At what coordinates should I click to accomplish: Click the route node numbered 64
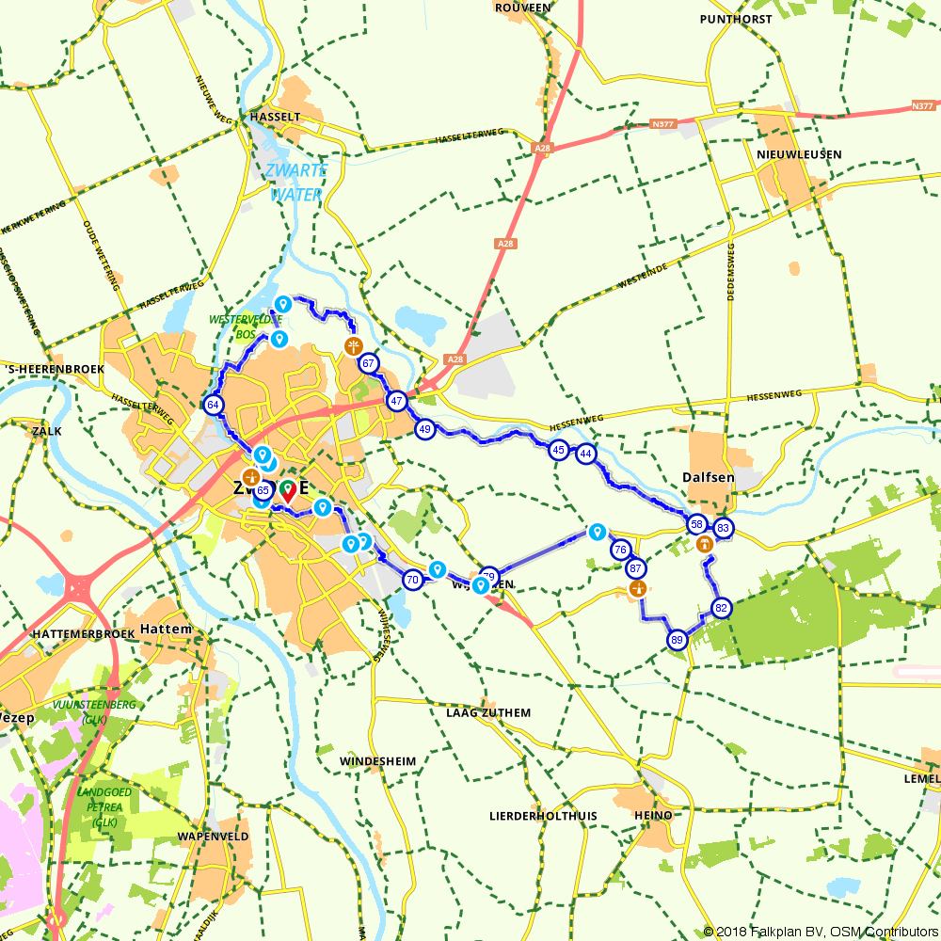214,406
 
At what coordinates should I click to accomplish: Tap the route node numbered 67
369,364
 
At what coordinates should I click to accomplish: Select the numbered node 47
397,401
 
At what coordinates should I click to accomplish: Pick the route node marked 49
425,429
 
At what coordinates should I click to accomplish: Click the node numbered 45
559,451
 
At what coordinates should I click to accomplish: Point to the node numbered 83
723,528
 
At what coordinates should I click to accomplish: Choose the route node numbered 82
722,607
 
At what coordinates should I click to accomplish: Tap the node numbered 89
678,641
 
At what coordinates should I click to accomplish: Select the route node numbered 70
412,580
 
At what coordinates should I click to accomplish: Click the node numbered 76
620,550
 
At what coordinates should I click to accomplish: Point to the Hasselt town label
275,117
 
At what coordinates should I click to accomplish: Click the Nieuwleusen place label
798,154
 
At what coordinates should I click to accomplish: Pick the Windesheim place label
378,760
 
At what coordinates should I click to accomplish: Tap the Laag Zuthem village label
487,713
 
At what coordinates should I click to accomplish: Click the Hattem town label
166,629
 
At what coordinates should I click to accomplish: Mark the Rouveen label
521,8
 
